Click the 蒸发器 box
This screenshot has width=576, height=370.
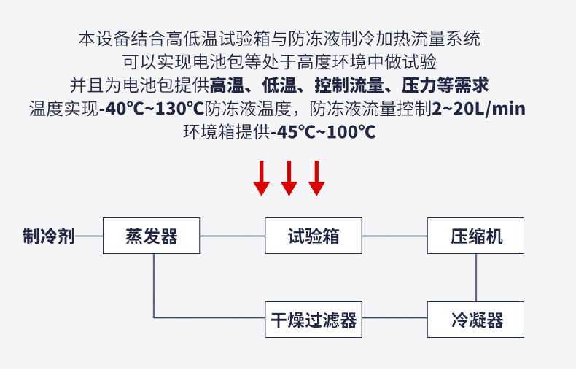[152, 236]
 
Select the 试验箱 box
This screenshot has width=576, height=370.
[314, 236]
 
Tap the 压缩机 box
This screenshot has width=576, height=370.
[476, 236]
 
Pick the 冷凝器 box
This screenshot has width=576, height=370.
[476, 319]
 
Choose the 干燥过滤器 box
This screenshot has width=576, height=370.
[314, 319]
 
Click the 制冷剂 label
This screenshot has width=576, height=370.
[48, 236]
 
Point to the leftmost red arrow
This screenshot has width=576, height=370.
[262, 178]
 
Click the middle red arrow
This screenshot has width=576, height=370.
[289, 178]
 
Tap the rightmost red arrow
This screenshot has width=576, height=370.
[316, 178]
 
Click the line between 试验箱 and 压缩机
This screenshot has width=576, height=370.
[394, 236]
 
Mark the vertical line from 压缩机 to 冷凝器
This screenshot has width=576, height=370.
[476, 277]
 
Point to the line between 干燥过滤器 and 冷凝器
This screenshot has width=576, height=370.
[394, 318]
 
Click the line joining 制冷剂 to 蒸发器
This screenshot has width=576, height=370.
[89, 236]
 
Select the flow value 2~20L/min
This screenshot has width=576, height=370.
[478, 109]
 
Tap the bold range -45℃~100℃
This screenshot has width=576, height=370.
[323, 132]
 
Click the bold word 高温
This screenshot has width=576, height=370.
[226, 85]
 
